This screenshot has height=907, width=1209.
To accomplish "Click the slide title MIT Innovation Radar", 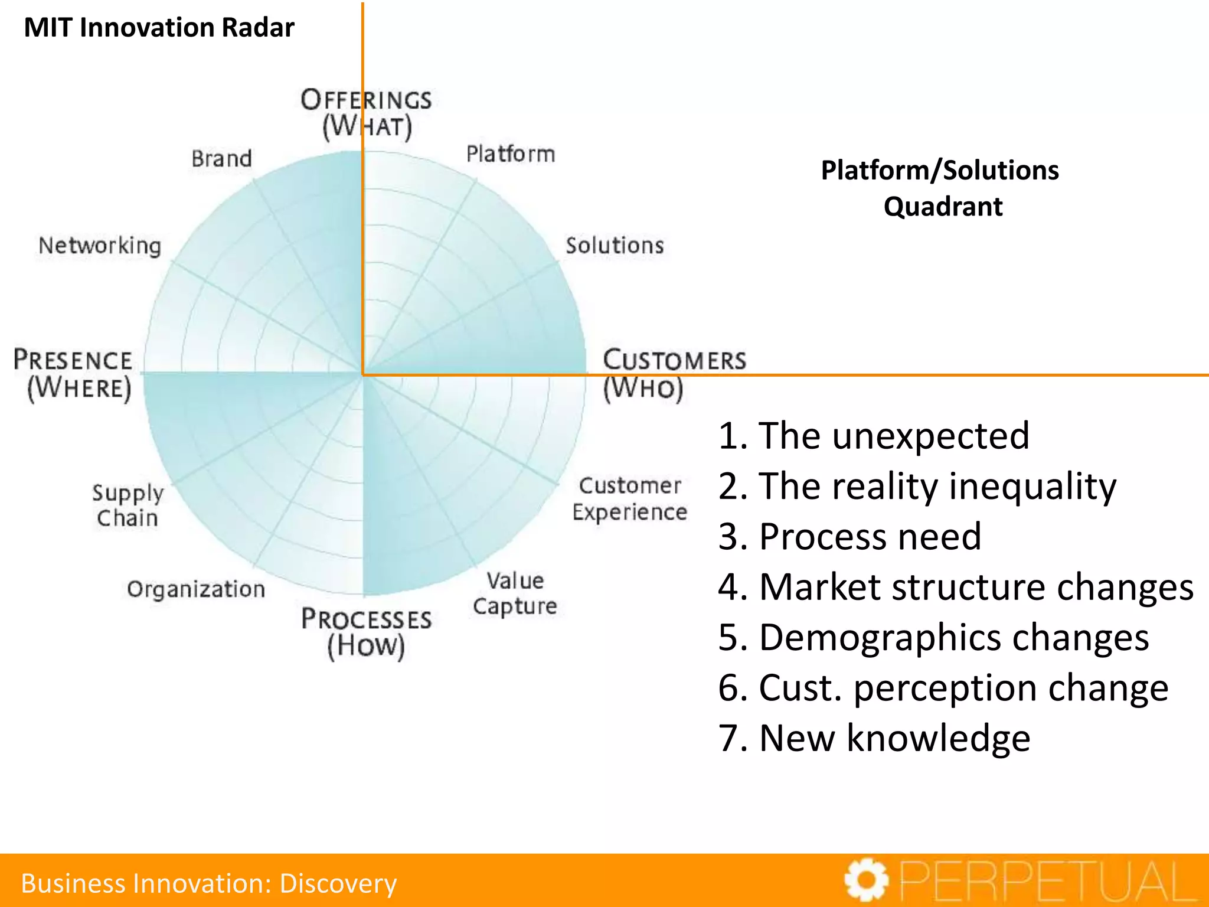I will coord(159,28).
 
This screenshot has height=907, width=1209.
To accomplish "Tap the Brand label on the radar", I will coord(221,158).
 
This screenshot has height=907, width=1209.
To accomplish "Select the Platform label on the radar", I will coord(511,154).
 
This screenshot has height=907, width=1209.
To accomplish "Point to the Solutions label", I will coord(615,245).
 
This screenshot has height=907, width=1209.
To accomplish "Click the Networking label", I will coord(100,246).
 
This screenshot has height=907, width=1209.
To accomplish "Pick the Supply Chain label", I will coord(128,505).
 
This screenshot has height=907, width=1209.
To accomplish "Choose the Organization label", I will coord(196,589).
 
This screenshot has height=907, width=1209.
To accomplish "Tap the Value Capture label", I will coord(515,593).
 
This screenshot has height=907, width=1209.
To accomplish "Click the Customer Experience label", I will coord(630,499).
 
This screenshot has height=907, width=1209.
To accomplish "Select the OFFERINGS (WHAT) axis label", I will coord(367,113).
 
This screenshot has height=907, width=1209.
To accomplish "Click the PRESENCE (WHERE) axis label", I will coord(74,374).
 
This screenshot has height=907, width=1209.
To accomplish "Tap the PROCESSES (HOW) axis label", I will coord(367,632).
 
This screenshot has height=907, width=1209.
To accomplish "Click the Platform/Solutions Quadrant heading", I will coord(940,188).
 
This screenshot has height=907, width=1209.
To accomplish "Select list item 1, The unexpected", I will coord(874,436).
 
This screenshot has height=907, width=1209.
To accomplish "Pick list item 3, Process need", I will coord(850,537).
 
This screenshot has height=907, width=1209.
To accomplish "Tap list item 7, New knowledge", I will coord(874,738).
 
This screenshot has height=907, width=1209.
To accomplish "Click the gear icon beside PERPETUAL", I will coord(866,880).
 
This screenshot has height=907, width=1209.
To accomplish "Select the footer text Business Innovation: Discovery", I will coord(209,883).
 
